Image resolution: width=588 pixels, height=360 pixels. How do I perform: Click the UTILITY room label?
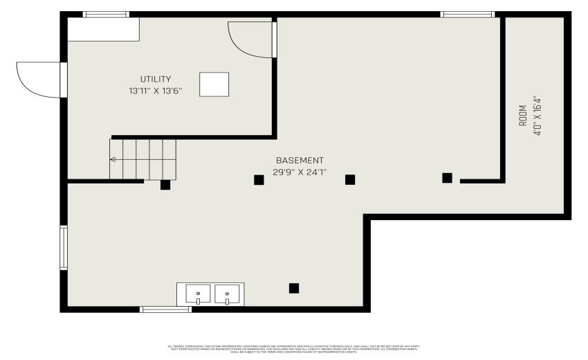pyautogui.click(x=155, y=80)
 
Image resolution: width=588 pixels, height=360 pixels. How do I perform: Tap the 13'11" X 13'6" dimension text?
pyautogui.click(x=155, y=91)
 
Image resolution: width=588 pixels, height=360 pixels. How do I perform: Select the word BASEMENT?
pyautogui.click(x=300, y=161)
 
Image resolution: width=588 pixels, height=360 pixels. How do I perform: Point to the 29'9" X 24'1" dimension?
pyautogui.click(x=300, y=172)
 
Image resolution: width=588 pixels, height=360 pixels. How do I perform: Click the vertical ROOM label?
pyautogui.click(x=523, y=115)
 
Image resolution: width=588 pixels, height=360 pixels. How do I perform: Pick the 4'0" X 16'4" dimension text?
pyautogui.click(x=536, y=115)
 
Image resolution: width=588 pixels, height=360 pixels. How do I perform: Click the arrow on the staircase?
pyautogui.click(x=113, y=159)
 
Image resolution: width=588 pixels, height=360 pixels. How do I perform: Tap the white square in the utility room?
pyautogui.click(x=214, y=84)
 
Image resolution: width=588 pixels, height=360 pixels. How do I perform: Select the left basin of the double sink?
pyautogui.click(x=198, y=295)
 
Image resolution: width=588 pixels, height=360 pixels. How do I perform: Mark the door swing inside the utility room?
pyautogui.click(x=250, y=39)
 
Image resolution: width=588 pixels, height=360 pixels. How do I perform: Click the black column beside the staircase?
pyautogui.click(x=165, y=185)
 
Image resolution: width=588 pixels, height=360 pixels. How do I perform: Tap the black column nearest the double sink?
pyautogui.click(x=294, y=288)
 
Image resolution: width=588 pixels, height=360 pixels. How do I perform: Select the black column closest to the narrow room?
pyautogui.click(x=447, y=178)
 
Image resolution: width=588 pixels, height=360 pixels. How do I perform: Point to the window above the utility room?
pyautogui.click(x=106, y=14)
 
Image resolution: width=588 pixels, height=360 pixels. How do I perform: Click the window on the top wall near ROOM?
pyautogui.click(x=467, y=14)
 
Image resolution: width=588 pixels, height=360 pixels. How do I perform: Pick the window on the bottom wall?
pyautogui.click(x=166, y=309)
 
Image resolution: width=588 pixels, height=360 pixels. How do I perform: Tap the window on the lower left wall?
pyautogui.click(x=64, y=247)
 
